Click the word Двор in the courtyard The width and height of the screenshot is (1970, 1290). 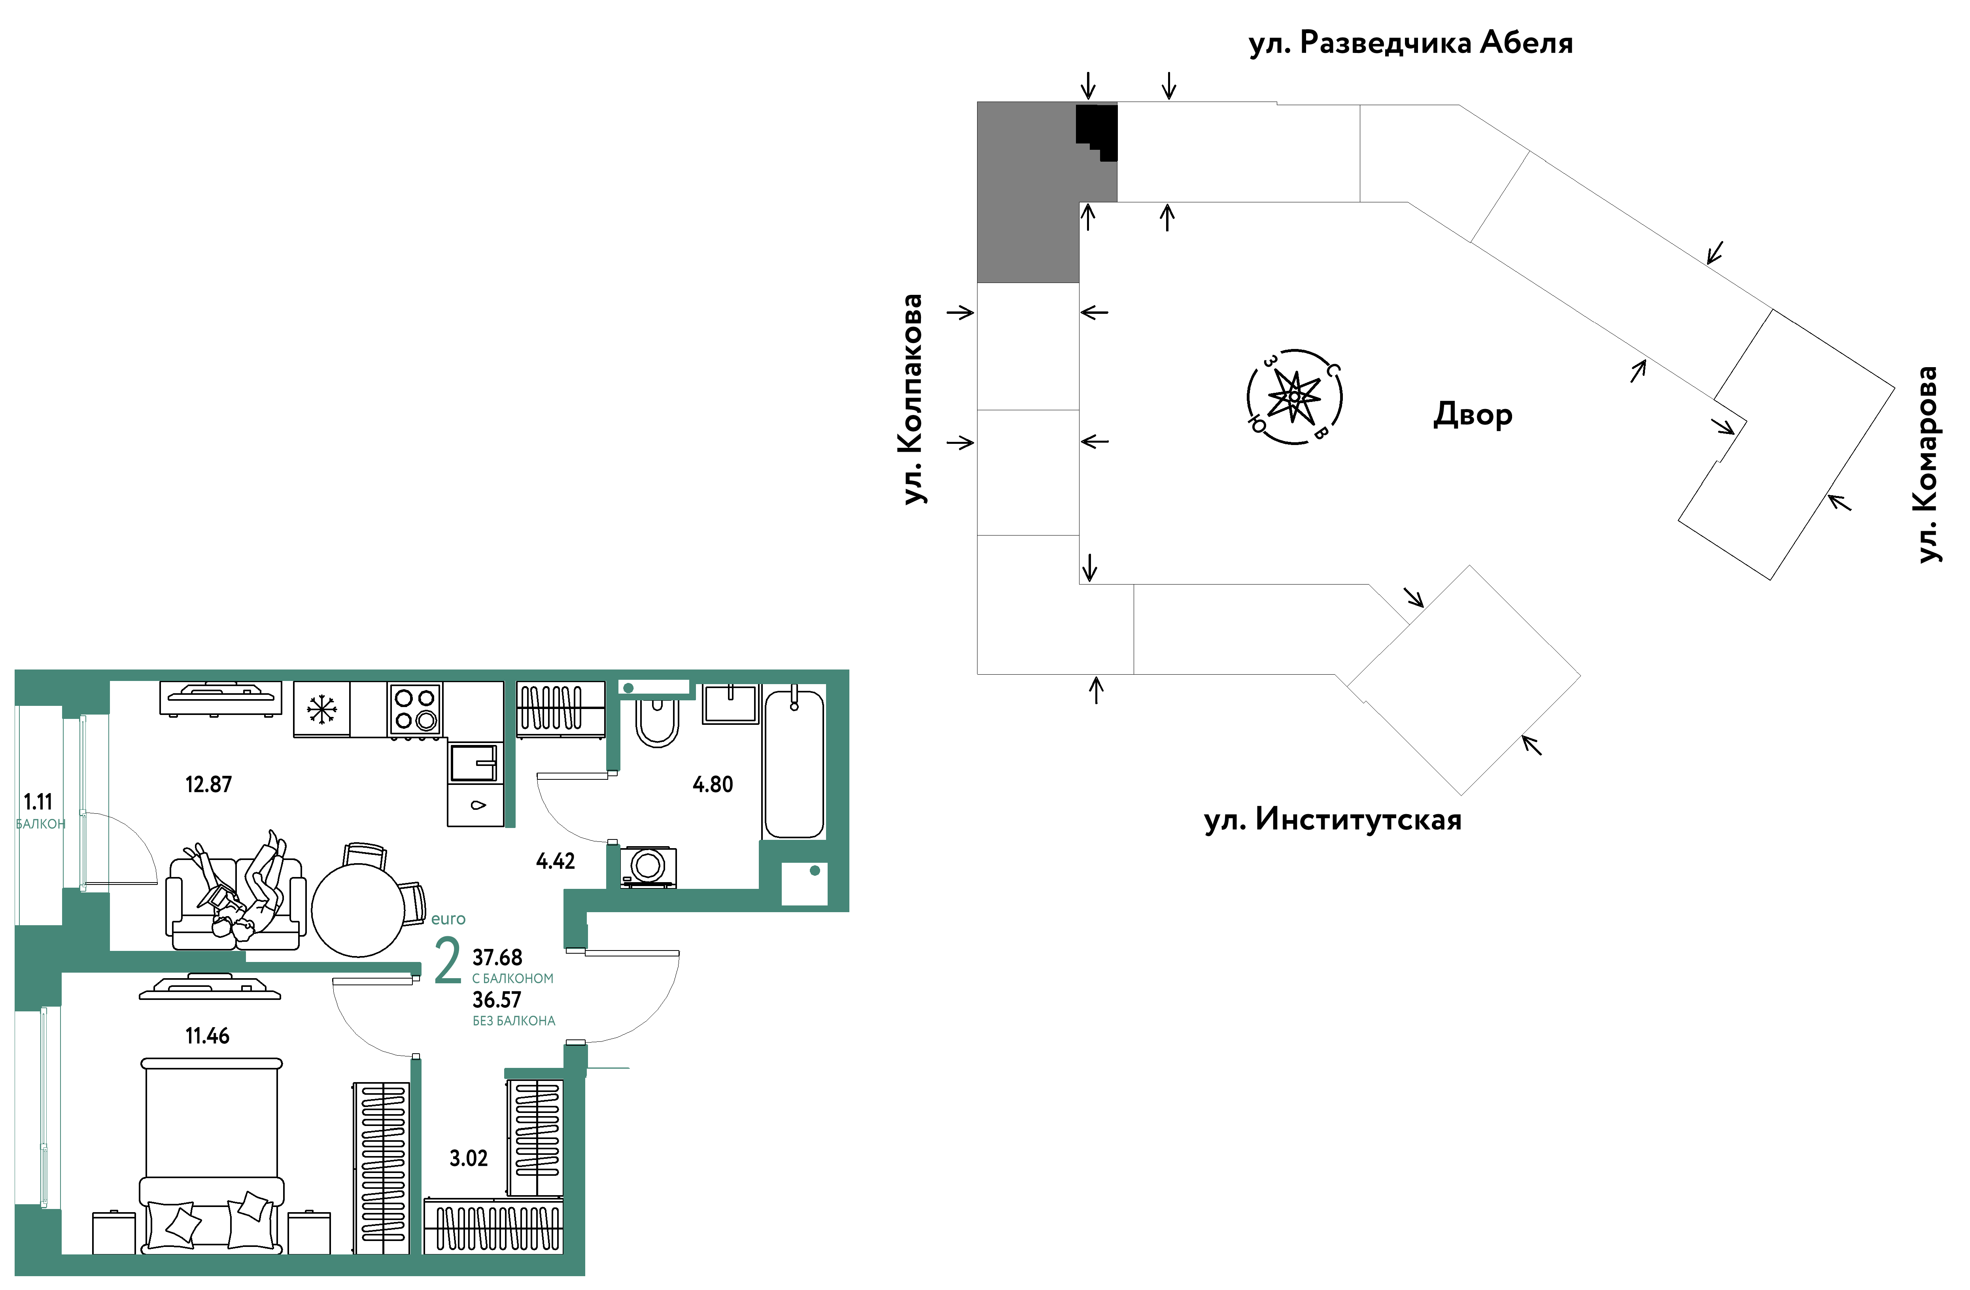point(1473,414)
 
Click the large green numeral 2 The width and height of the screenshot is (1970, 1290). point(448,961)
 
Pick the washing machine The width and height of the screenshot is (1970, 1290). point(648,866)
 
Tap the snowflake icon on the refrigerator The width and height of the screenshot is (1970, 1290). point(322,709)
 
